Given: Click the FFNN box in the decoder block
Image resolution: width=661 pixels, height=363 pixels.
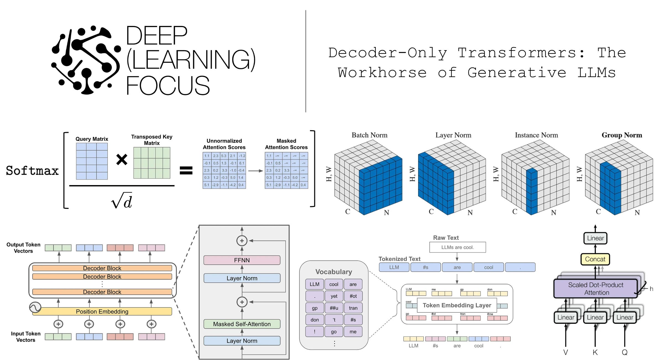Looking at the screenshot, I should [x=242, y=260].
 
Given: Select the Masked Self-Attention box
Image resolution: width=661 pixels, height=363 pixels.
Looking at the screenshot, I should [x=242, y=324].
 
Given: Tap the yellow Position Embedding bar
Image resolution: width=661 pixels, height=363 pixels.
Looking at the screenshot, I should [x=102, y=312].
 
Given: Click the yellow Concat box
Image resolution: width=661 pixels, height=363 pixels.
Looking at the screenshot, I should [x=595, y=259].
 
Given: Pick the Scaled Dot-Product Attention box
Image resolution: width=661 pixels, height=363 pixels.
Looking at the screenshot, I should [x=596, y=289].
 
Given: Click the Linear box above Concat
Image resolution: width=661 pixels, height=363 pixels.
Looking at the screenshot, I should [x=595, y=238].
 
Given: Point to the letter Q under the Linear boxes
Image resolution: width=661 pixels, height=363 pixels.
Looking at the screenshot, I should [x=625, y=352].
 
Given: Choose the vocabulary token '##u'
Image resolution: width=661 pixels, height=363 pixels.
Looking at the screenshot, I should [x=334, y=308].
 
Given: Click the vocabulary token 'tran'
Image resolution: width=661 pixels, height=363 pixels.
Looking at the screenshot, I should [x=353, y=308].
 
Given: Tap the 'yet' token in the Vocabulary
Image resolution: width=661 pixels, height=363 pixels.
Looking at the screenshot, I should [x=334, y=296].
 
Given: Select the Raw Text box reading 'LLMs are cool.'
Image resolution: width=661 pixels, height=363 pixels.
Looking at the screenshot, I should [x=457, y=247].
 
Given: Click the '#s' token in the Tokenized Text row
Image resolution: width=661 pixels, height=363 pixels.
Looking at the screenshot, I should [x=426, y=267].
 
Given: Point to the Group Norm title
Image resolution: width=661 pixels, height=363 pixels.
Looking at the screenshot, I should [x=622, y=135].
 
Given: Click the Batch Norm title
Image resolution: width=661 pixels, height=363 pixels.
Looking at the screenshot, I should [x=369, y=135].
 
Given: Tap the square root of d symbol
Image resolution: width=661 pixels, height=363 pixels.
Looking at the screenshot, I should [x=122, y=201].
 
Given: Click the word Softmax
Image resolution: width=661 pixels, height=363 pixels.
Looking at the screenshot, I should [x=32, y=171].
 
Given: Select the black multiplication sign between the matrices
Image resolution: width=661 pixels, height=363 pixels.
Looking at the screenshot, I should [x=122, y=159].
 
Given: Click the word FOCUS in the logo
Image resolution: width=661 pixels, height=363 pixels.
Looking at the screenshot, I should [x=168, y=85].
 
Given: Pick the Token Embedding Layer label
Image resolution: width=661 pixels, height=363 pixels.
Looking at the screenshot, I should [x=457, y=305].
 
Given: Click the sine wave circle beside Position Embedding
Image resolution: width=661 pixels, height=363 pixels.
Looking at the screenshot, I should [x=35, y=307].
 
